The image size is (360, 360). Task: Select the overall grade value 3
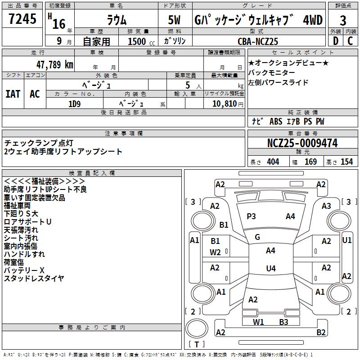coord(343,20)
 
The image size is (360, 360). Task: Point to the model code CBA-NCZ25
coord(258,41)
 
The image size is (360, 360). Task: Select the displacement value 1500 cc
coord(139,41)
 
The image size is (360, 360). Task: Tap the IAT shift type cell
coord(13,94)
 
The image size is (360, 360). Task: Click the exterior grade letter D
coord(335,41)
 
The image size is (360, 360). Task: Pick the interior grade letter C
coord(350,41)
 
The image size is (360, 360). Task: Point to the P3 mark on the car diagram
coord(251,216)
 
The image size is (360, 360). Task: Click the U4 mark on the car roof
coord(270,269)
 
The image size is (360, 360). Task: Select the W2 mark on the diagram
coord(215,252)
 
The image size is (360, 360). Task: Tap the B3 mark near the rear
coord(283,322)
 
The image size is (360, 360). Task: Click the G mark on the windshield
coord(257,237)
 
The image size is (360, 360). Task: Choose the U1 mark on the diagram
coord(346,240)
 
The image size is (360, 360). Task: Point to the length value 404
coord(273,162)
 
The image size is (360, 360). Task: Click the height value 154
coord(346,162)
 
